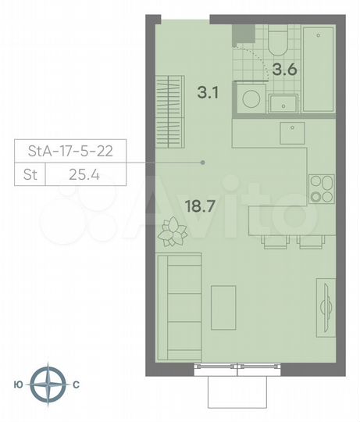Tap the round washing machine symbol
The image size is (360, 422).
tap(251, 99)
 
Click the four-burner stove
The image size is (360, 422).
tap(322, 188)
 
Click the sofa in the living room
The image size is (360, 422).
tap(179, 304)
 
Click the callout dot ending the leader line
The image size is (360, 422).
tap(203, 163)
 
